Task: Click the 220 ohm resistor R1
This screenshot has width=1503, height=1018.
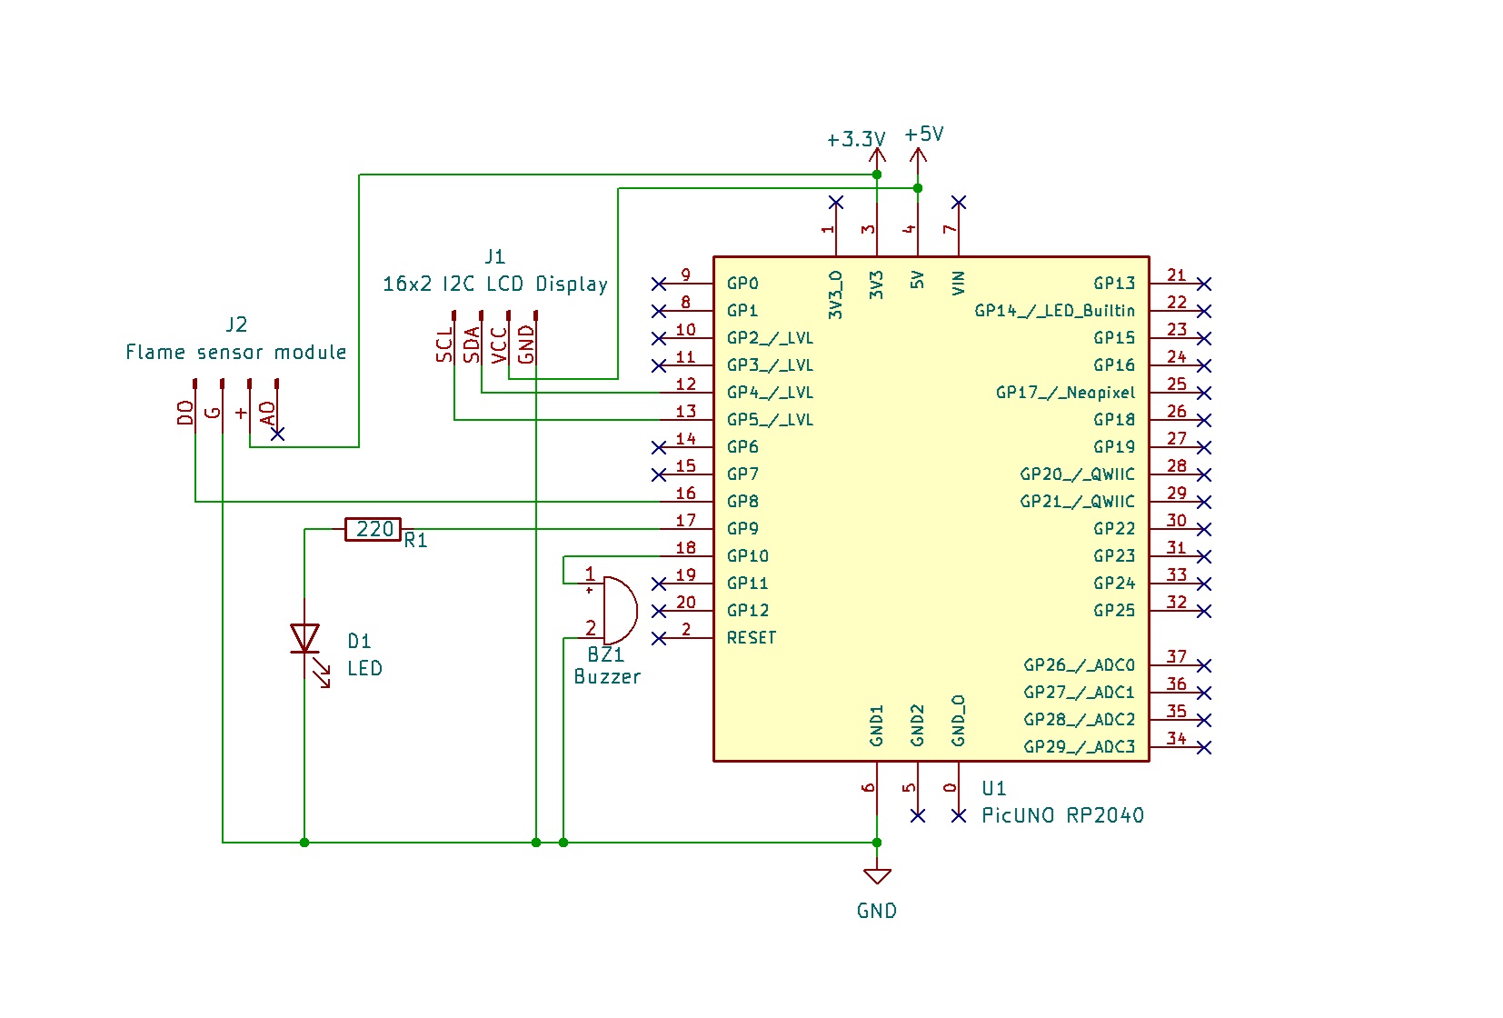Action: coord(373,529)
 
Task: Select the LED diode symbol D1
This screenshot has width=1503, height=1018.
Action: coord(304,638)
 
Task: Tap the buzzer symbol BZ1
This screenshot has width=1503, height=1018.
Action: coord(619,610)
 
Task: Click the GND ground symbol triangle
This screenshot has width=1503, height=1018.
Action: coord(877,876)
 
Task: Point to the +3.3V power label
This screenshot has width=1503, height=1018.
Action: coord(855,139)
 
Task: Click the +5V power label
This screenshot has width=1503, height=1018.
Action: coord(924,135)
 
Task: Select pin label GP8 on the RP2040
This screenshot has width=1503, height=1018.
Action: coord(742,502)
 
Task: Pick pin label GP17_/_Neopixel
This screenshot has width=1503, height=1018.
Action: coord(1065,393)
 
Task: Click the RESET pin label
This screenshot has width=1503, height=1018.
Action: coord(751,638)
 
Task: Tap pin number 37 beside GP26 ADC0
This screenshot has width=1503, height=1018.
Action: coord(1177,656)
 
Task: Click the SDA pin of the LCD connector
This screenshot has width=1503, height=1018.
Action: coord(472,344)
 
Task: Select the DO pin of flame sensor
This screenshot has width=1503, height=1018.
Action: coord(186,413)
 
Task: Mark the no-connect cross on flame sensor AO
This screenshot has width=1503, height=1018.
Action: coord(278,434)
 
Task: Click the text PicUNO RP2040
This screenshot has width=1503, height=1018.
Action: coord(1062,815)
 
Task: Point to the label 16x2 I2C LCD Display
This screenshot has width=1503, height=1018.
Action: coord(495,284)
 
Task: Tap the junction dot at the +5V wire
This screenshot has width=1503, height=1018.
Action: coord(918,188)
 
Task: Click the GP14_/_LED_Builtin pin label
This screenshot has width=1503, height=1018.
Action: coord(1054,311)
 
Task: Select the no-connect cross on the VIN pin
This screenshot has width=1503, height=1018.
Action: coord(959,202)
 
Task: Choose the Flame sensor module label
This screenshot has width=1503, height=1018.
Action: coord(236,352)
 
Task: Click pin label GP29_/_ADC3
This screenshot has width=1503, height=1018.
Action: coord(1079,747)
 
